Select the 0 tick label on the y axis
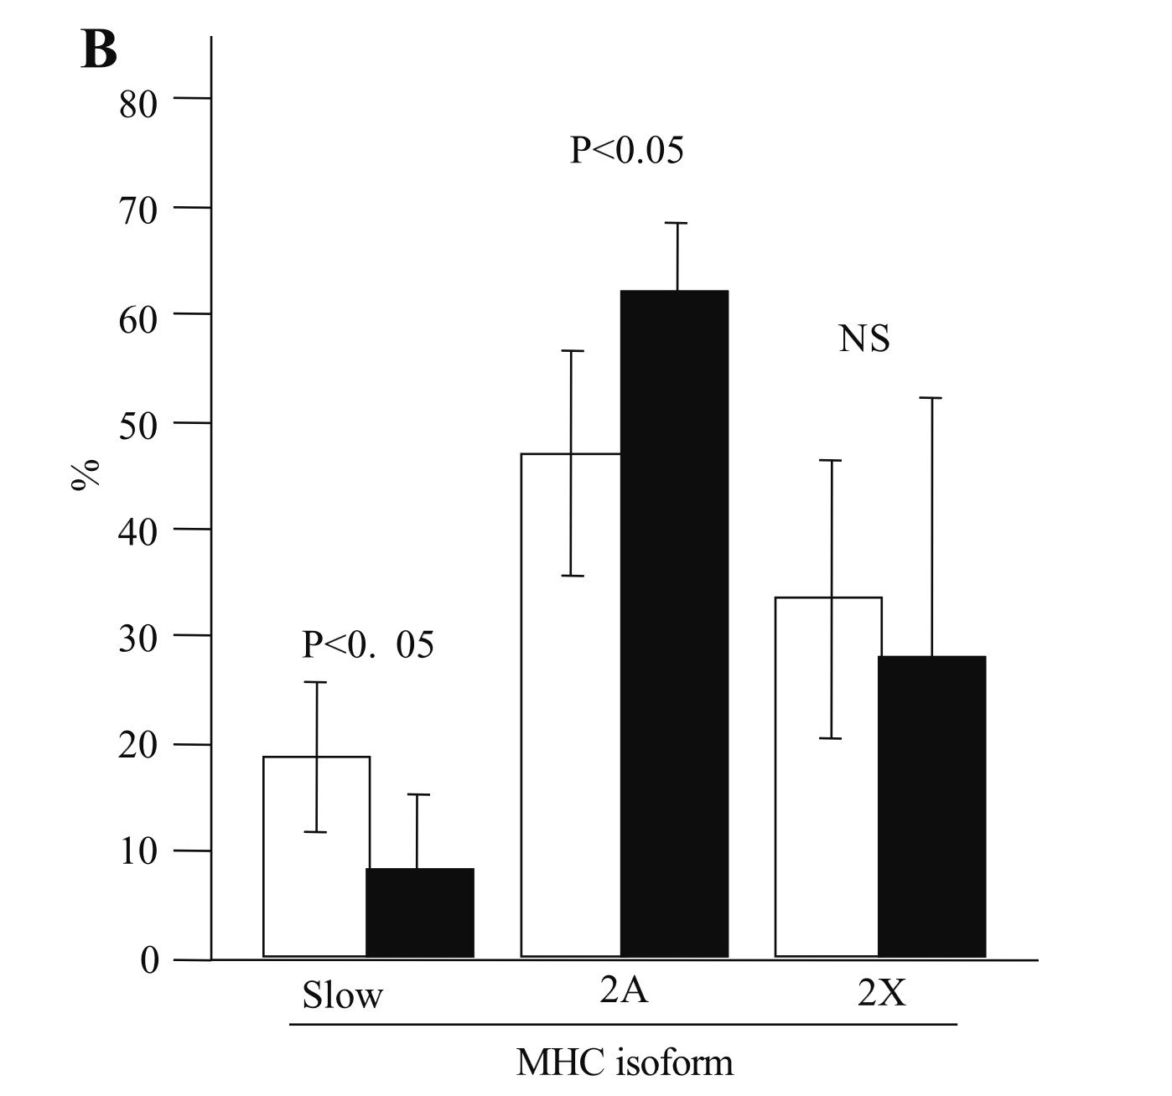pos(149,960)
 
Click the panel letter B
pos(99,51)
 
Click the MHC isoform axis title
pos(625,1063)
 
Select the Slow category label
pos(342,996)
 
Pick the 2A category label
pos(624,990)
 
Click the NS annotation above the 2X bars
pos(863,339)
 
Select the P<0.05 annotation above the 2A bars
pos(626,152)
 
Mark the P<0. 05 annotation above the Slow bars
pos(368,645)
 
